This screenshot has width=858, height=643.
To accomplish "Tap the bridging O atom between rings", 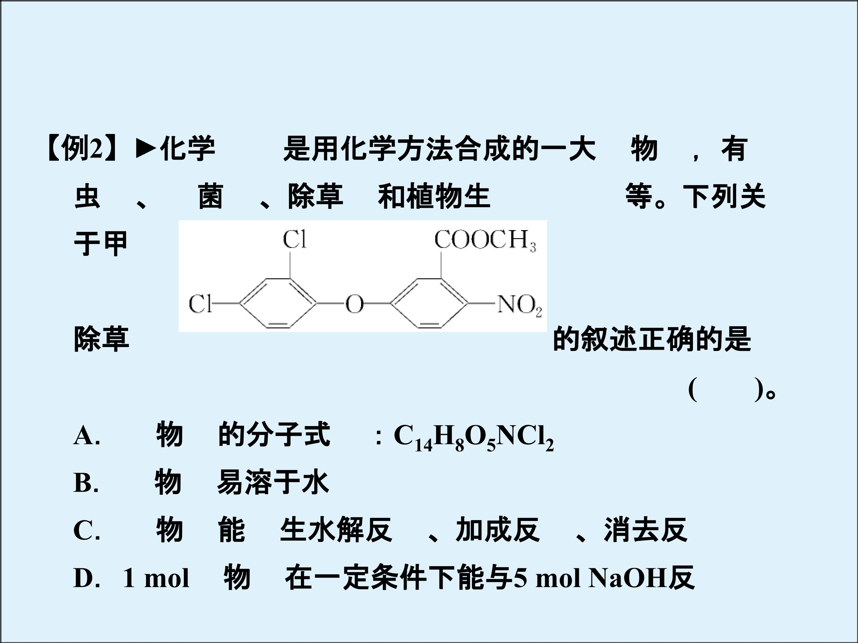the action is [355, 304].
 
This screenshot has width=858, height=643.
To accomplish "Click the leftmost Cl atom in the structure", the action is [200, 304].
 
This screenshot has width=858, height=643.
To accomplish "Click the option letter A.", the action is [86, 436].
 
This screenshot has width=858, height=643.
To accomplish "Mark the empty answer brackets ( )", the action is [726, 390].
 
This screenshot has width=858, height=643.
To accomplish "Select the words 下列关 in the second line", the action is [724, 196].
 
